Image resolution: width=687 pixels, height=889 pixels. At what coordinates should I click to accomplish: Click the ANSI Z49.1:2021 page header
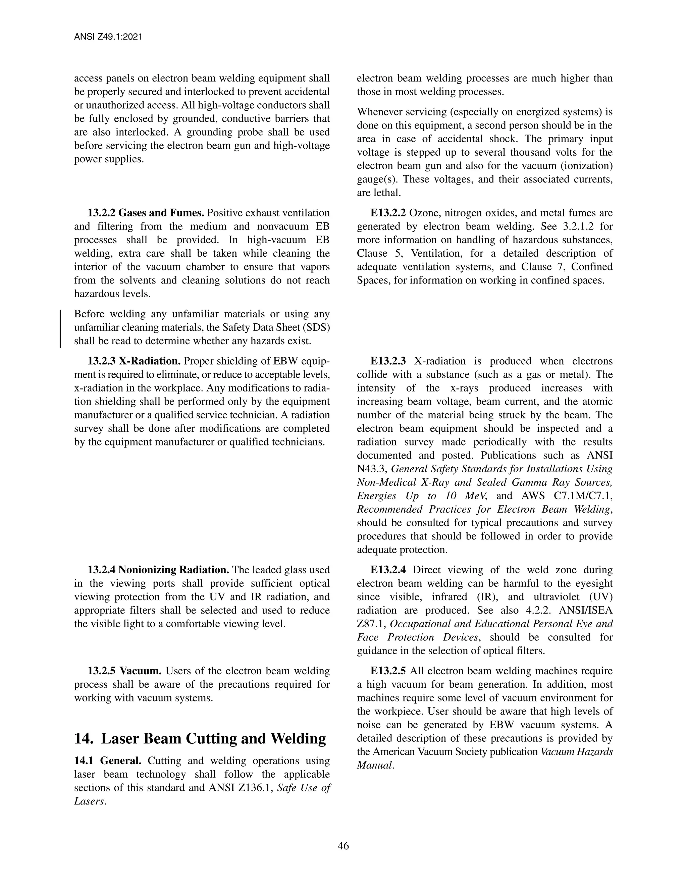click(108, 37)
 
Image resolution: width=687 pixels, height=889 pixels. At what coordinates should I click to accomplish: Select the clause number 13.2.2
click(101, 213)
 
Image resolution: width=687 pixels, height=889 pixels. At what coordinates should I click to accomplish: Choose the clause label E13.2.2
click(388, 213)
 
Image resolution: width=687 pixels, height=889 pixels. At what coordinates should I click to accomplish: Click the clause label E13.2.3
click(388, 361)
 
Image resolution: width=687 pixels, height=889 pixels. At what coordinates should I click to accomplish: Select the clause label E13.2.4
click(388, 570)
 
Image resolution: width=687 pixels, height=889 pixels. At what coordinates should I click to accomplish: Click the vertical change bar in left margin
click(60, 328)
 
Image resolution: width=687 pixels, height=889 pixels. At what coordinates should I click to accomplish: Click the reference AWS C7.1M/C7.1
click(567, 496)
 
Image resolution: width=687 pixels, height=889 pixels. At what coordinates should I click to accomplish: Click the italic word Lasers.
click(90, 801)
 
